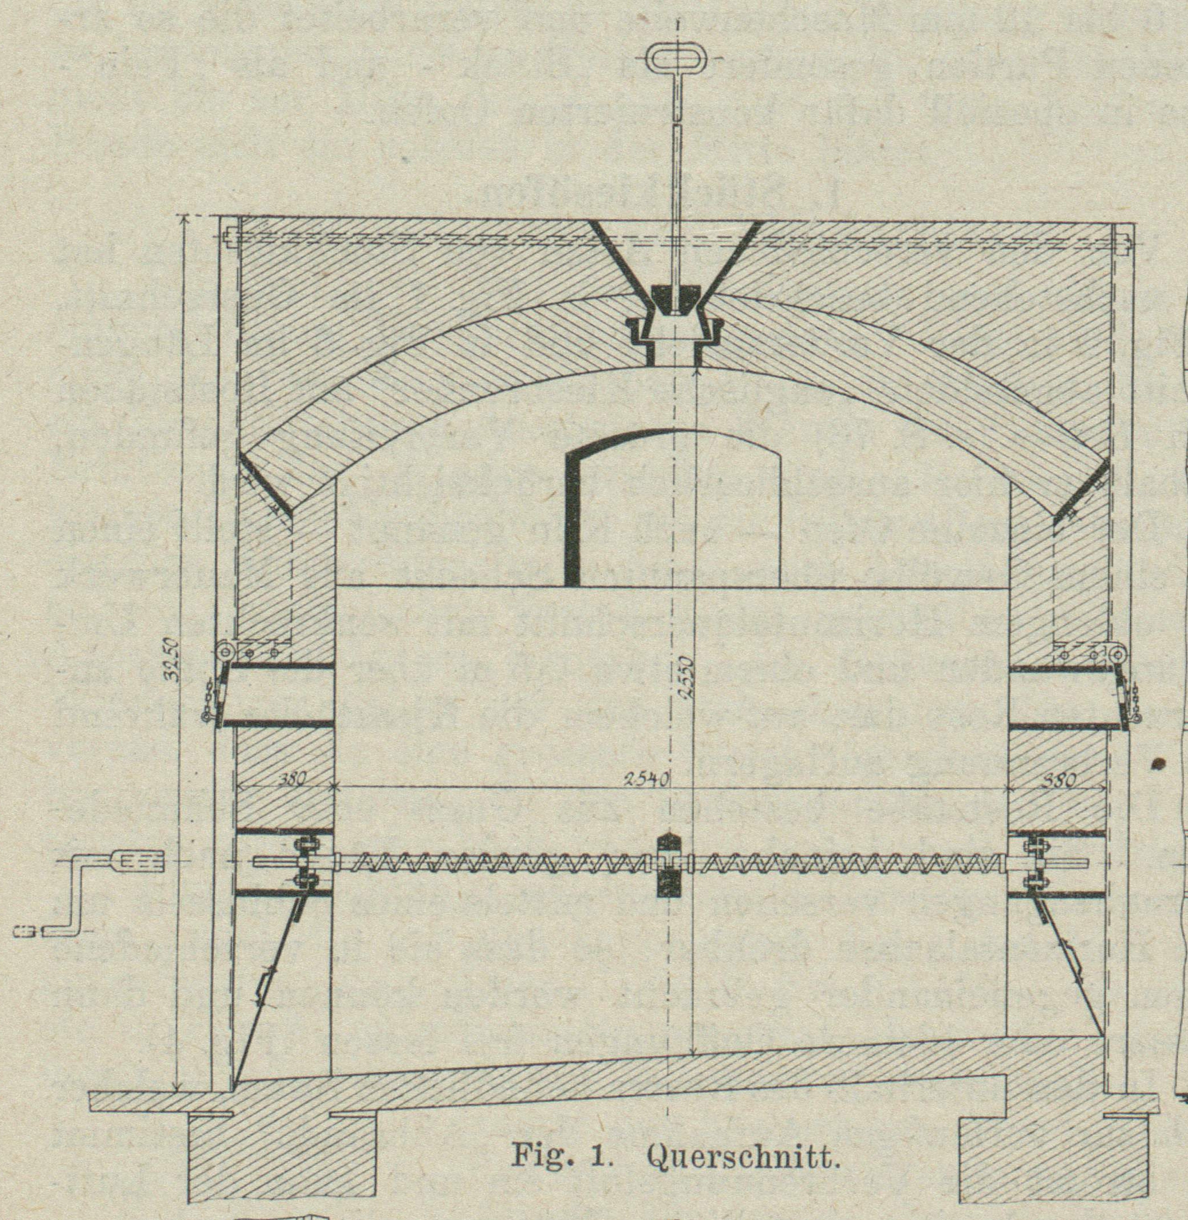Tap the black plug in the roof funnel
(675, 300)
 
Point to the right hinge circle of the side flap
(1118, 655)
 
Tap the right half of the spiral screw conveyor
(842, 864)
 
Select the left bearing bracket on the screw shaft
(305, 862)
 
